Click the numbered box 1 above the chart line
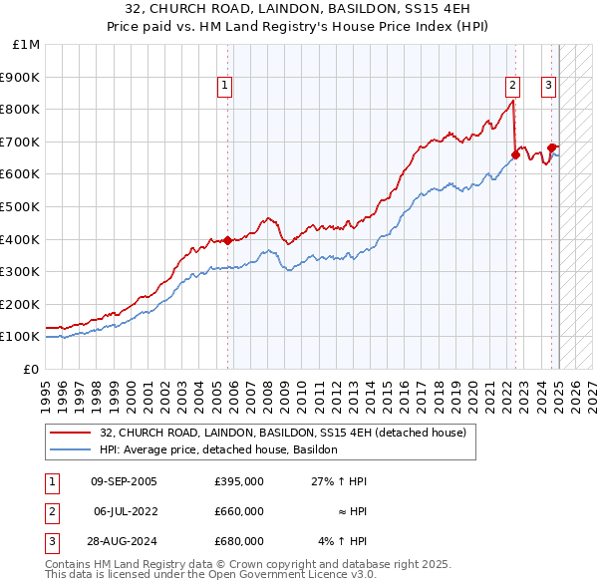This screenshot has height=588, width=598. (225, 87)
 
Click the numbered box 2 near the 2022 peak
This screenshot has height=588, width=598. (512, 87)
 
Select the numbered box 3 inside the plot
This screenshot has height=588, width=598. (548, 87)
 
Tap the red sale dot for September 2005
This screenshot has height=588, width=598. (227, 240)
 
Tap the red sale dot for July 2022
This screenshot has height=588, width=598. (515, 154)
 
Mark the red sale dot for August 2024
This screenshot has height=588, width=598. (551, 147)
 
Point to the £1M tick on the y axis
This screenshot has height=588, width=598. (27, 45)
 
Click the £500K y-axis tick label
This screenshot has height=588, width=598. (21, 206)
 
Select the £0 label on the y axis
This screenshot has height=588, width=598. (31, 369)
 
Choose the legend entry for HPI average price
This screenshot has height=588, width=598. (219, 449)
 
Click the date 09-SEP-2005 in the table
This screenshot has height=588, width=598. (124, 481)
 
